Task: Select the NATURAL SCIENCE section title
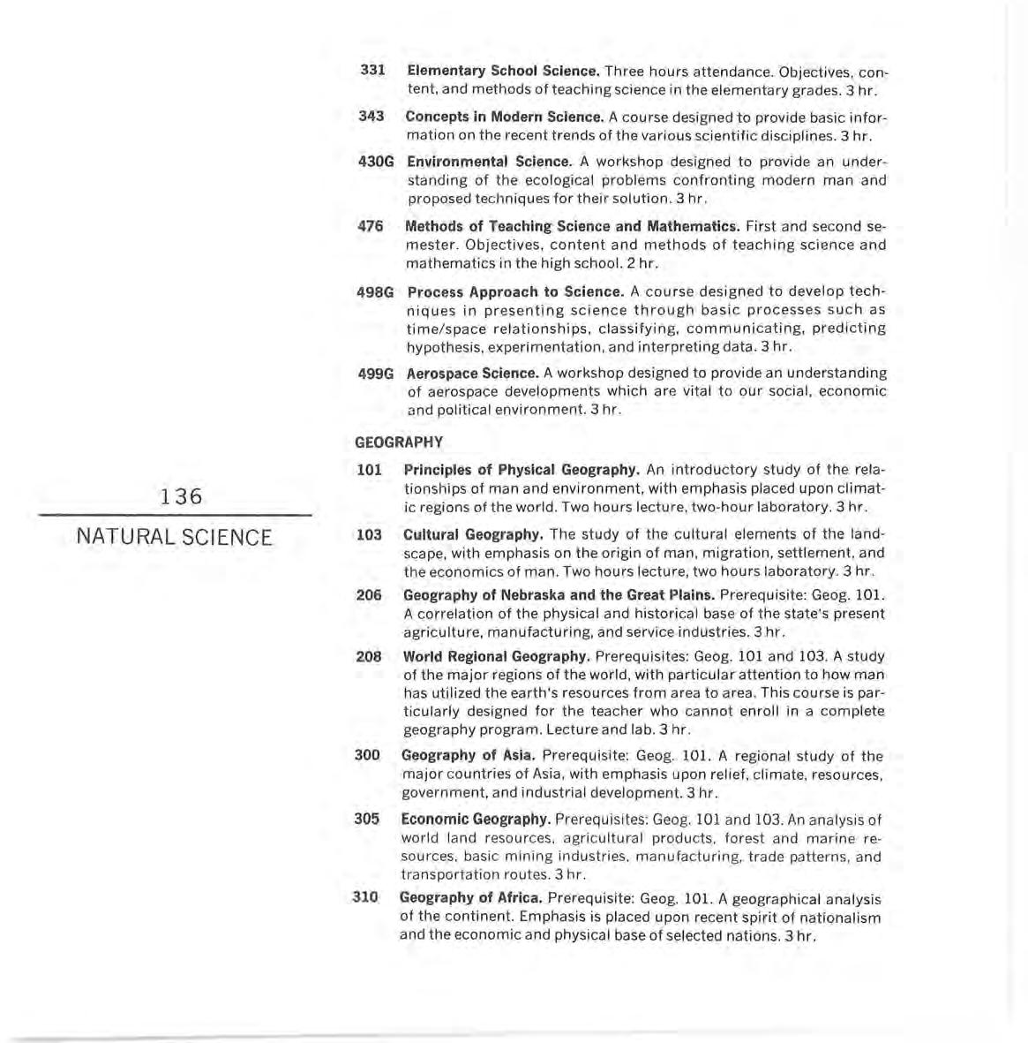175,537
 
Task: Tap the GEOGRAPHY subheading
399,442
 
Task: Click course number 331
373,70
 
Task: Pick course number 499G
376,374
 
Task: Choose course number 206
369,595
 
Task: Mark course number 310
365,897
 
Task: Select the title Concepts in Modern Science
505,117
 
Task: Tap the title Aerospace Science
473,374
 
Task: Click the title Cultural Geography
473,534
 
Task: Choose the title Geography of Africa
471,898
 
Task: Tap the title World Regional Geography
497,656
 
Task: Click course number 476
371,226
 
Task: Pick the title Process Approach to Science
516,291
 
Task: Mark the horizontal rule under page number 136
175,515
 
